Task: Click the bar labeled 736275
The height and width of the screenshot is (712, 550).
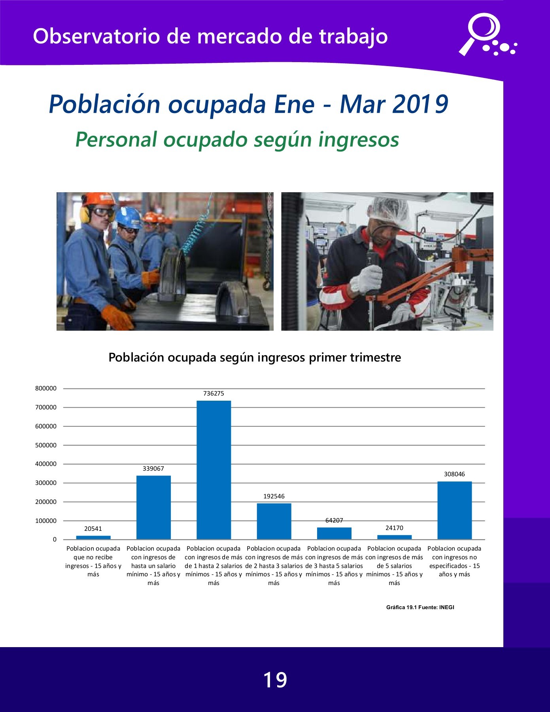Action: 214,470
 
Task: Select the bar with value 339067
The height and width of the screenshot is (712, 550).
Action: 153,507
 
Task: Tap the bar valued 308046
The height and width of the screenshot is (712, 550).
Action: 454,510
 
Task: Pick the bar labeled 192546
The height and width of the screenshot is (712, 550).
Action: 274,521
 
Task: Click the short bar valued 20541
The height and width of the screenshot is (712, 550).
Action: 93,538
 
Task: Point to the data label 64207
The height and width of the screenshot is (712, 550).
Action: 334,521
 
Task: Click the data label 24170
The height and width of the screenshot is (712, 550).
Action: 394,528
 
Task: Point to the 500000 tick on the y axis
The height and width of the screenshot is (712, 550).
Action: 46,445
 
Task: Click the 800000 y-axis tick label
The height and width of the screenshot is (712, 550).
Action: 46,388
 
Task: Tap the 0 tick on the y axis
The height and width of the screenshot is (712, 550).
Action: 55,540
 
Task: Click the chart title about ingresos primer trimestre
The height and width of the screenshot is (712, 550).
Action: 255,357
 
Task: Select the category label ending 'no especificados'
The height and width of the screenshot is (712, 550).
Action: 454,561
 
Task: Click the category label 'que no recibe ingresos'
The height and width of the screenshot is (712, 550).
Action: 93,561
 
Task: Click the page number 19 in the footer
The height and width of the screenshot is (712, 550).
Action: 275,680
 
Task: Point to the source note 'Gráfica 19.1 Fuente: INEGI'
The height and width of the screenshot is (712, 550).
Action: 420,607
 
